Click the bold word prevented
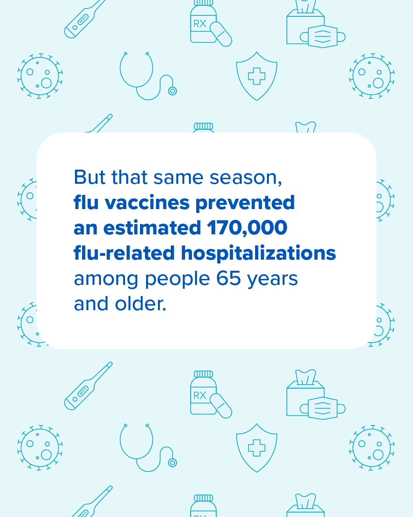click(x=245, y=203)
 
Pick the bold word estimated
click(x=152, y=228)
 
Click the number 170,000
click(x=247, y=228)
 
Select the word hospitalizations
click(x=259, y=253)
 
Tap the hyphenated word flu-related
click(x=124, y=253)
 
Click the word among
click(x=106, y=279)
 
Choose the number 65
click(x=229, y=278)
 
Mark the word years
click(x=272, y=279)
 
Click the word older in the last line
click(x=141, y=304)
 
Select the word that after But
click(x=129, y=177)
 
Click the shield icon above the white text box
click(x=257, y=76)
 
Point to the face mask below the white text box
click(x=323, y=408)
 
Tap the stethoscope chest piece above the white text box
click(x=172, y=91)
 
